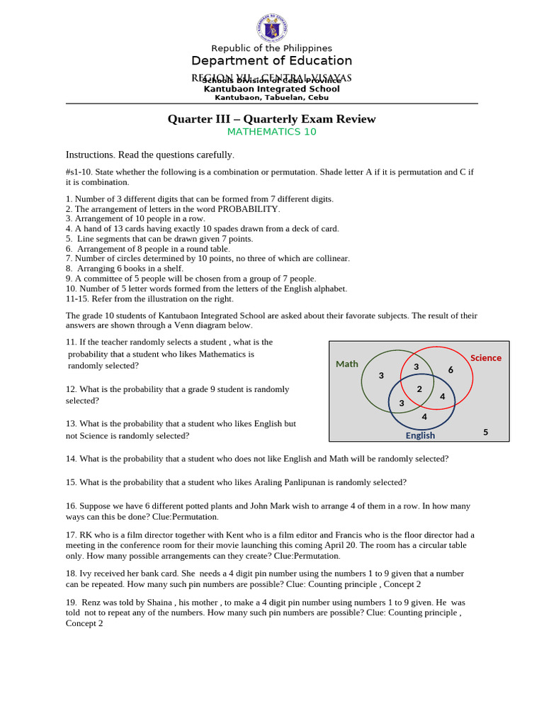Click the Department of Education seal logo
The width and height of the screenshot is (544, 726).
click(x=271, y=28)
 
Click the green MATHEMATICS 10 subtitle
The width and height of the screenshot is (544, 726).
click(x=271, y=132)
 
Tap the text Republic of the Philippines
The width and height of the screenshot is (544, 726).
click(x=271, y=48)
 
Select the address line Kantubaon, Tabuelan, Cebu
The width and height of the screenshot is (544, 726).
click(x=271, y=98)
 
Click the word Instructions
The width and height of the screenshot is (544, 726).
click(x=90, y=155)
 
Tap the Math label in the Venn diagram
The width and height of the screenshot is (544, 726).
click(x=347, y=364)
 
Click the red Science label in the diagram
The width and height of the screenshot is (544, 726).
click(x=485, y=358)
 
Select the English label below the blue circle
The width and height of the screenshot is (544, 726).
click(x=420, y=435)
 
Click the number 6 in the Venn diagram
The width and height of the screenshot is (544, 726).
click(x=450, y=370)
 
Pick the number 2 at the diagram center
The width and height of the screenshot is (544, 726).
click(x=419, y=389)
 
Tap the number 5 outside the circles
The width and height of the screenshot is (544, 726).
click(x=485, y=432)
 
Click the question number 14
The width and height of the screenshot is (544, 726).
click(x=71, y=459)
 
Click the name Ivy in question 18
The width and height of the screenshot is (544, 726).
click(x=86, y=573)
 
